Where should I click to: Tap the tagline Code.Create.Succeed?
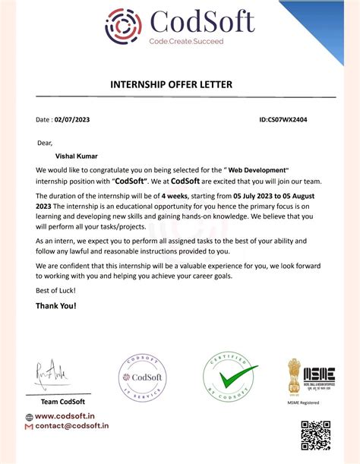click(x=186, y=41)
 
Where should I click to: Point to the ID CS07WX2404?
click(x=283, y=120)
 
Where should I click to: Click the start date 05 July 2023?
click(x=260, y=197)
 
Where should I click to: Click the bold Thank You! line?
click(x=56, y=306)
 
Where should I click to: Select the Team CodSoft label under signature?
click(x=62, y=402)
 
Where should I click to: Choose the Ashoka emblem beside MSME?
click(x=293, y=376)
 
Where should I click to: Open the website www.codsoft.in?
click(x=65, y=416)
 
